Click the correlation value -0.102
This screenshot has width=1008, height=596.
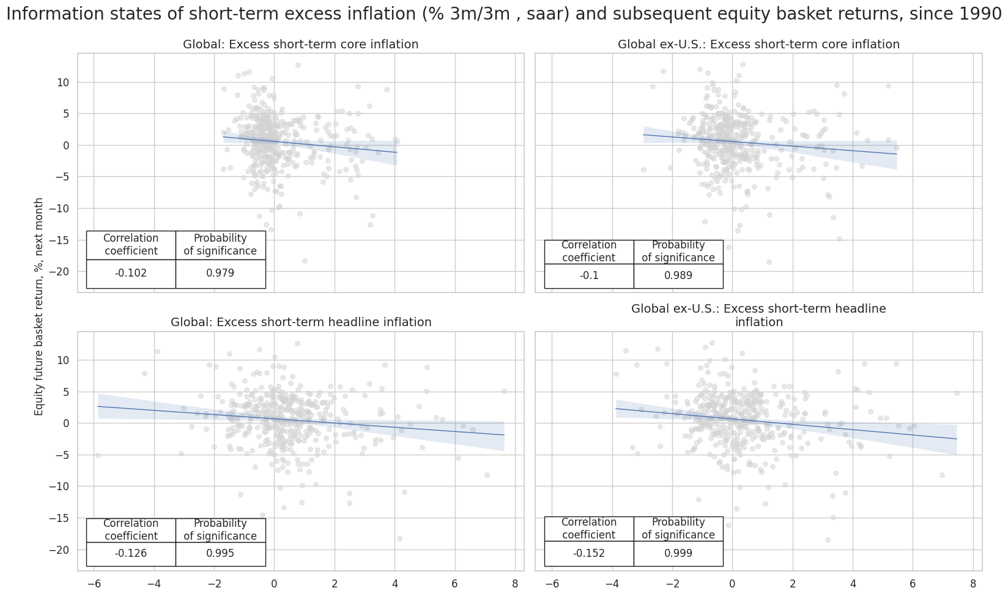click(x=131, y=274)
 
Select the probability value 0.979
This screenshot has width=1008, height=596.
click(x=220, y=274)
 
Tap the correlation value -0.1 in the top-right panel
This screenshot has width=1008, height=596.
click(x=589, y=276)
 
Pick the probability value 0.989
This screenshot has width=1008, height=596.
click(x=678, y=276)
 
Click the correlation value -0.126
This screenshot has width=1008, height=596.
click(x=131, y=554)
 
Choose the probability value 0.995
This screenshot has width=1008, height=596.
click(x=220, y=554)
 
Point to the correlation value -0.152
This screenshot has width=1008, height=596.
click(x=589, y=554)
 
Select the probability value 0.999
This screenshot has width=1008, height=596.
click(x=678, y=554)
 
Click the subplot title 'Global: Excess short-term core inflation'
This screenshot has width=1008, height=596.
click(x=300, y=45)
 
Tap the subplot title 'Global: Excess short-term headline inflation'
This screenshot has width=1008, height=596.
click(x=300, y=322)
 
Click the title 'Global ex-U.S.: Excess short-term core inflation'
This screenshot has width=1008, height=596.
click(x=758, y=45)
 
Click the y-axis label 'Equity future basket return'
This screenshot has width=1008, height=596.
click(x=39, y=306)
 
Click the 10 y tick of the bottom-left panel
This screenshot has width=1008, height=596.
click(x=64, y=360)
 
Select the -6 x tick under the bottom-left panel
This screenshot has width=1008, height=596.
click(x=94, y=584)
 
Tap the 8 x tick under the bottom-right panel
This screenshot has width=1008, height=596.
click(x=973, y=584)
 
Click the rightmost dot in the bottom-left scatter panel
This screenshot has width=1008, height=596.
click(x=504, y=391)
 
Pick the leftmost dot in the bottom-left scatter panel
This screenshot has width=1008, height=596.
click(x=98, y=455)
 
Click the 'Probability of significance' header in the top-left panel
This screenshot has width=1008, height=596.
click(x=220, y=245)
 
